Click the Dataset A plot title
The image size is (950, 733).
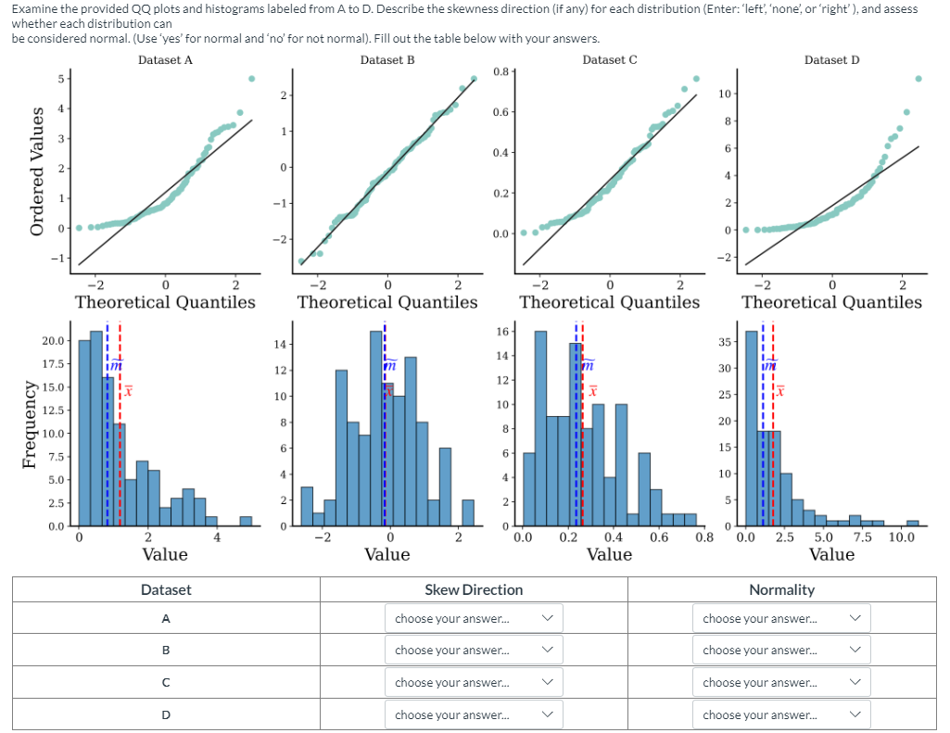pos(165,60)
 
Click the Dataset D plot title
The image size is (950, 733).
pos(831,60)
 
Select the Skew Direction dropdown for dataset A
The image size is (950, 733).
pos(473,618)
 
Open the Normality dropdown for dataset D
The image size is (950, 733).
pos(781,714)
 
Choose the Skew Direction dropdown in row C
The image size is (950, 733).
pos(473,683)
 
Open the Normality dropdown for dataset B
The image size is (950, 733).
pos(781,651)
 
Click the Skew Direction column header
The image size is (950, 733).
pos(473,589)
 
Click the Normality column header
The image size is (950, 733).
pos(781,589)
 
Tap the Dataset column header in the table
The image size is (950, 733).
pos(166,589)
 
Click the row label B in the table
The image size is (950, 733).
pos(166,651)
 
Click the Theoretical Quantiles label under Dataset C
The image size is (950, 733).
pos(609,302)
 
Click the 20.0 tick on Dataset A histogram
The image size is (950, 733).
pos(54,341)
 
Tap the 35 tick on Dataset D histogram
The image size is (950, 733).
pos(725,343)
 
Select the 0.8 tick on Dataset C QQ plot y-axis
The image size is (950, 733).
pos(500,71)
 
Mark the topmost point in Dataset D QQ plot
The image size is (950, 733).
pos(918,79)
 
